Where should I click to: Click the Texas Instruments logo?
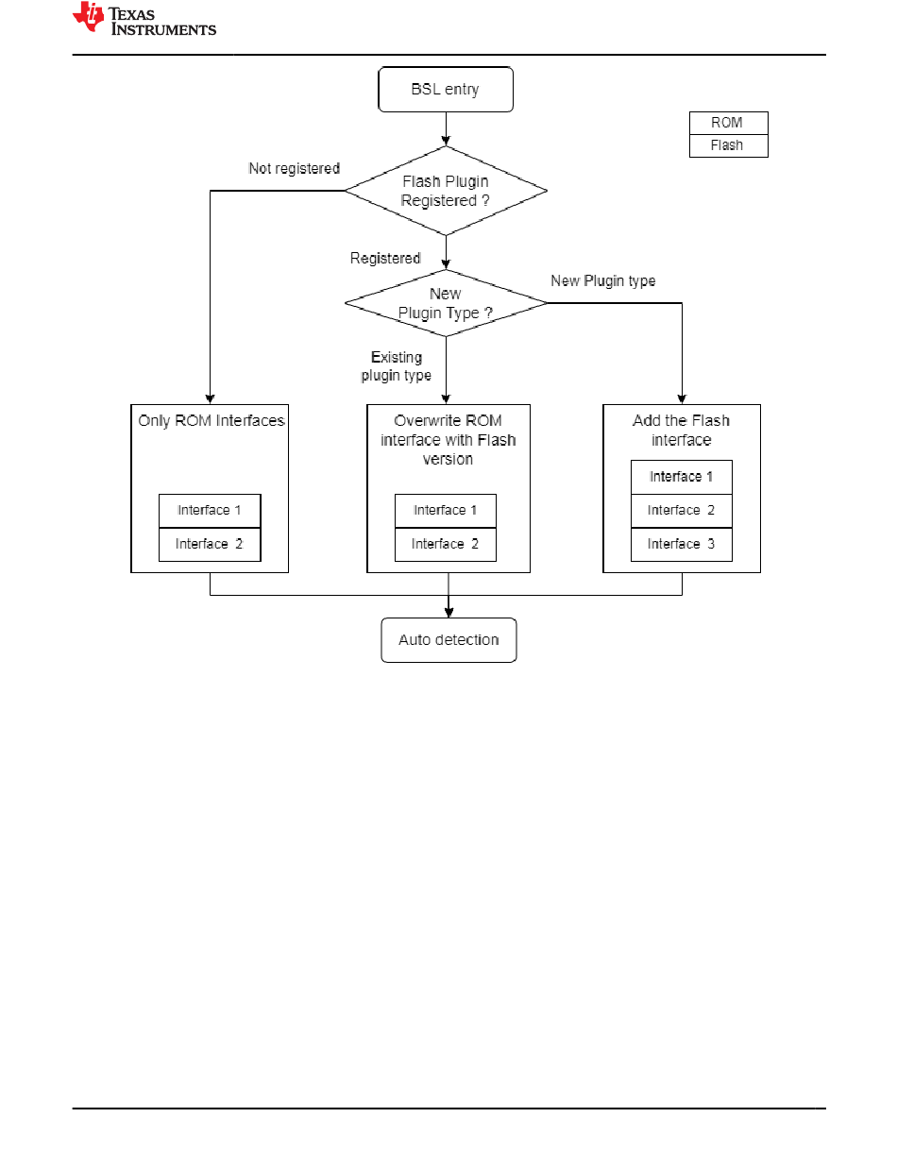(144, 19)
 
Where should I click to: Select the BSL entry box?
(446, 89)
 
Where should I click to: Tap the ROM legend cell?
(728, 123)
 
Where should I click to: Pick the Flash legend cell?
(728, 145)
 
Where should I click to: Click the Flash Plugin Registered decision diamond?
(446, 191)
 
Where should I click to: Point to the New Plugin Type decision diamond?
(446, 303)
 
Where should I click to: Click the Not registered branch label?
(294, 169)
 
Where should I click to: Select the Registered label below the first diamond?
(385, 259)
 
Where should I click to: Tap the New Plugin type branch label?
(603, 281)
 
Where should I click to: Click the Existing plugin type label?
(397, 366)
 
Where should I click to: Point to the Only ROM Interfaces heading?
(212, 420)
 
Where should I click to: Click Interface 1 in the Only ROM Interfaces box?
(210, 511)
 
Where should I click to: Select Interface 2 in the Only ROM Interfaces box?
(210, 545)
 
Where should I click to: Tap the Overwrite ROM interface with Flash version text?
(448, 440)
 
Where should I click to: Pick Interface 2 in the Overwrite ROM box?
(446, 545)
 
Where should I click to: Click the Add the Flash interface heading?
(681, 430)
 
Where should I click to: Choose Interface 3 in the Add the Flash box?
(682, 545)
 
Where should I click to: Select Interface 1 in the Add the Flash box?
(682, 477)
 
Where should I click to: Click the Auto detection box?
(448, 639)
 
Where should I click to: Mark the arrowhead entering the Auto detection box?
(448, 613)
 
